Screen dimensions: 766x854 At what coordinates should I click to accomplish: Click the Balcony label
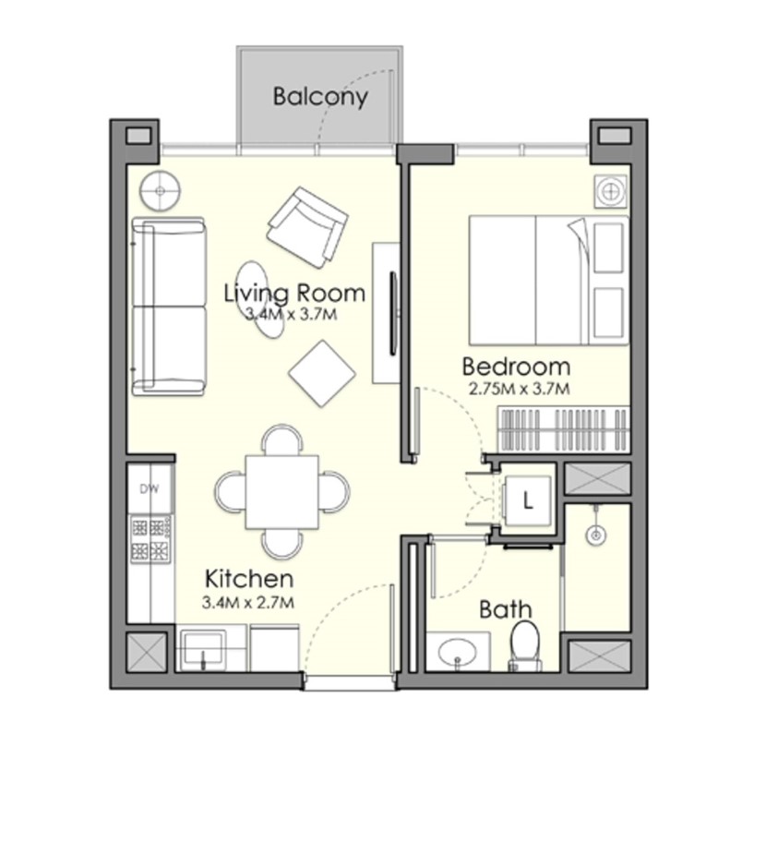coord(320,96)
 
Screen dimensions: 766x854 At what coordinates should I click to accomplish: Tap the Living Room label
coord(294,293)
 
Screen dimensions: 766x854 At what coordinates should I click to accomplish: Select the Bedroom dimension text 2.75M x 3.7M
coord(519,389)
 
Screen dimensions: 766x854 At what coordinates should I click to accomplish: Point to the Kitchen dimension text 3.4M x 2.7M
coord(248,602)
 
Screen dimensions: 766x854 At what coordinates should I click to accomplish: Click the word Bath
coord(505,609)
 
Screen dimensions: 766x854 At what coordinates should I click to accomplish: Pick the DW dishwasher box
coord(150,488)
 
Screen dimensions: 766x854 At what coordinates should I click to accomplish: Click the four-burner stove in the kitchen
coord(150,538)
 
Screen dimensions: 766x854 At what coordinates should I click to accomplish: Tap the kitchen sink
coord(202,648)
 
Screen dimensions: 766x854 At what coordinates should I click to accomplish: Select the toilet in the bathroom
coord(525,646)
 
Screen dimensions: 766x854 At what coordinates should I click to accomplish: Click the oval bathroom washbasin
coord(458,652)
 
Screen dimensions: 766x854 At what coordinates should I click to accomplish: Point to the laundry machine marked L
coord(526,500)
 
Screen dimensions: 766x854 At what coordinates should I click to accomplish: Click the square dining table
coord(282,492)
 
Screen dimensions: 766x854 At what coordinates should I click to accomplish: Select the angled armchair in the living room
coord(307,226)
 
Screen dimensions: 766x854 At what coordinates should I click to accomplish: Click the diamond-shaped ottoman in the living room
coord(322,374)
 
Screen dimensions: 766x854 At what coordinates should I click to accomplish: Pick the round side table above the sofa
coord(160,191)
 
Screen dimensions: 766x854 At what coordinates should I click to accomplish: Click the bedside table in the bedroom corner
coord(610,192)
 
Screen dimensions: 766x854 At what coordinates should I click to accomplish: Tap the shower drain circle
coord(596,535)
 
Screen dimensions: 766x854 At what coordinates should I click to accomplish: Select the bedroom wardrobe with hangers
coord(563,429)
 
